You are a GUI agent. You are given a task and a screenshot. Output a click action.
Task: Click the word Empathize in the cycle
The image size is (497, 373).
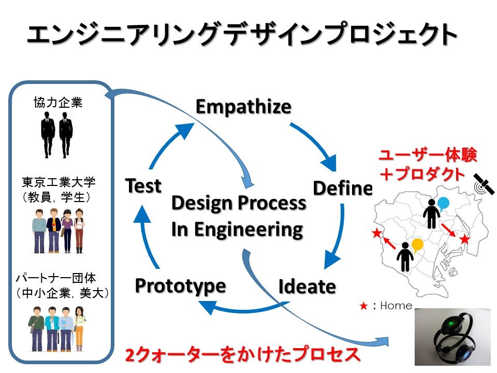click(243, 107)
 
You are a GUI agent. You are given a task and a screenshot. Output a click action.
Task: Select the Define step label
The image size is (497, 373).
click(342, 189)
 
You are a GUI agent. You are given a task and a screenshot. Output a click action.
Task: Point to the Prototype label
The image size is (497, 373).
click(180, 285)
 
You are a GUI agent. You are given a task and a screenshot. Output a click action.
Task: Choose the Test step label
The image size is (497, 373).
click(143, 185)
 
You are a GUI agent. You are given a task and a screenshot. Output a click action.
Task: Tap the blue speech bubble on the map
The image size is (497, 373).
click(444, 203)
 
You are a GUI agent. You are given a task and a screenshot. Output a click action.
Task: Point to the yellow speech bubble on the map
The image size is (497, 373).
click(418, 243)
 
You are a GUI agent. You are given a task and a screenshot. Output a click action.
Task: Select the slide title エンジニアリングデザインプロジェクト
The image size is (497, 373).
click(242, 35)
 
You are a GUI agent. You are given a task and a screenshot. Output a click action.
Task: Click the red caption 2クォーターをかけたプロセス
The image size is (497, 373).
click(242, 355)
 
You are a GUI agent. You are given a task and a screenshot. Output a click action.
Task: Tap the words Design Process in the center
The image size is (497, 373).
click(238, 203)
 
